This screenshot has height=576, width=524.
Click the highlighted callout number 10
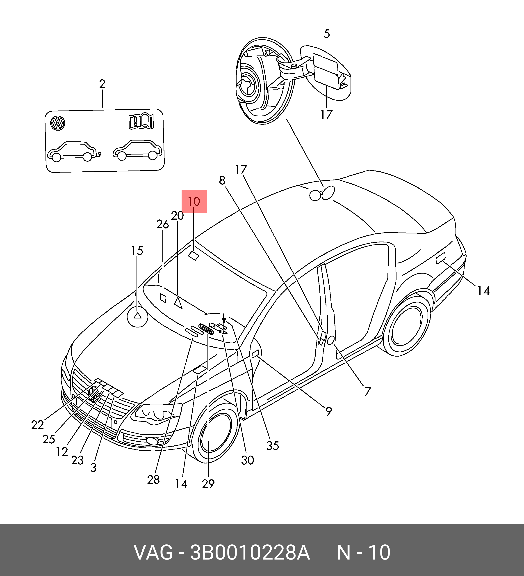[x=194, y=202]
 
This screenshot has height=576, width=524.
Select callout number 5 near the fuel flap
[x=327, y=34]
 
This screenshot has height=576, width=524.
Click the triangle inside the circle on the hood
[x=138, y=316]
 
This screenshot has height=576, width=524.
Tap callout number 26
[x=162, y=225]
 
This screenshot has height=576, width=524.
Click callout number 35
[x=272, y=446]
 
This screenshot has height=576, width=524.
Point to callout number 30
[x=247, y=460]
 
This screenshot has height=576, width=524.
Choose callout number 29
[x=208, y=484]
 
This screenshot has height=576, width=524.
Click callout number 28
[x=153, y=480]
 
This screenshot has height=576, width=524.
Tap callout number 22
[x=38, y=425]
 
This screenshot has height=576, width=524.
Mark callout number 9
[x=328, y=411]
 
